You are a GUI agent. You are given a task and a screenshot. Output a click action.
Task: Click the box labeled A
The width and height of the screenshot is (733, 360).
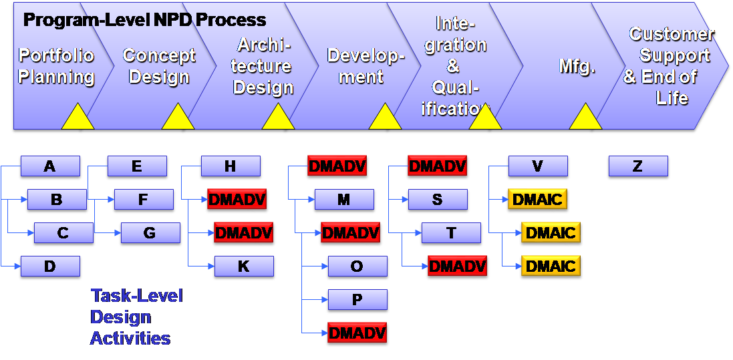50,166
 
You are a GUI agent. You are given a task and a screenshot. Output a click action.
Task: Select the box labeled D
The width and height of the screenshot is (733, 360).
50,266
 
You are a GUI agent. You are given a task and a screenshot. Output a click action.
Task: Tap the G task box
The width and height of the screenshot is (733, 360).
150,233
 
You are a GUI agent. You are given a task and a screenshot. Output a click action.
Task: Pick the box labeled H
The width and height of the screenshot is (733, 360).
231,166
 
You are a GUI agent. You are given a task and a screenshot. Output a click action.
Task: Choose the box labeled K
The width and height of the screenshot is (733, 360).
244,266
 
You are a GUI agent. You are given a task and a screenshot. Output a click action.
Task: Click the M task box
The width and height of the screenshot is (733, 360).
344,200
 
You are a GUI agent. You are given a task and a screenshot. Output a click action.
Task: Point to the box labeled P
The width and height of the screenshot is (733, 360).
357,300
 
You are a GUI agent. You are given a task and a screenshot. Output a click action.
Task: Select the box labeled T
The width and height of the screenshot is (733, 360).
451,233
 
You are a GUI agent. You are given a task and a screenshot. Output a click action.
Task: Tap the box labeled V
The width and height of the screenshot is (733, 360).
538,166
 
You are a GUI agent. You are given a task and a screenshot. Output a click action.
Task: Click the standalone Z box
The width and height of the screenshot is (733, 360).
638,166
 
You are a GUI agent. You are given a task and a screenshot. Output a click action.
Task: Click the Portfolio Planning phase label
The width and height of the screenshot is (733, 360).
57,66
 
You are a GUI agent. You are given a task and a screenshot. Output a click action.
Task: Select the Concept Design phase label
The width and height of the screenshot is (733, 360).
159,66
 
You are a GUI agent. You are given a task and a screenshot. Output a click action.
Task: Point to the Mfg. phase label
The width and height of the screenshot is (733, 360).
577,66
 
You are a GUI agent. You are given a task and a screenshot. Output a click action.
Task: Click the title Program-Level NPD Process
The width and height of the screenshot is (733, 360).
145,20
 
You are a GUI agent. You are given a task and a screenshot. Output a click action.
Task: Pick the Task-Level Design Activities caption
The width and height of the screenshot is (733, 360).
136,317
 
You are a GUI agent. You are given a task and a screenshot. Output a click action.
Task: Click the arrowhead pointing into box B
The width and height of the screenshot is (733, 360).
24,200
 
